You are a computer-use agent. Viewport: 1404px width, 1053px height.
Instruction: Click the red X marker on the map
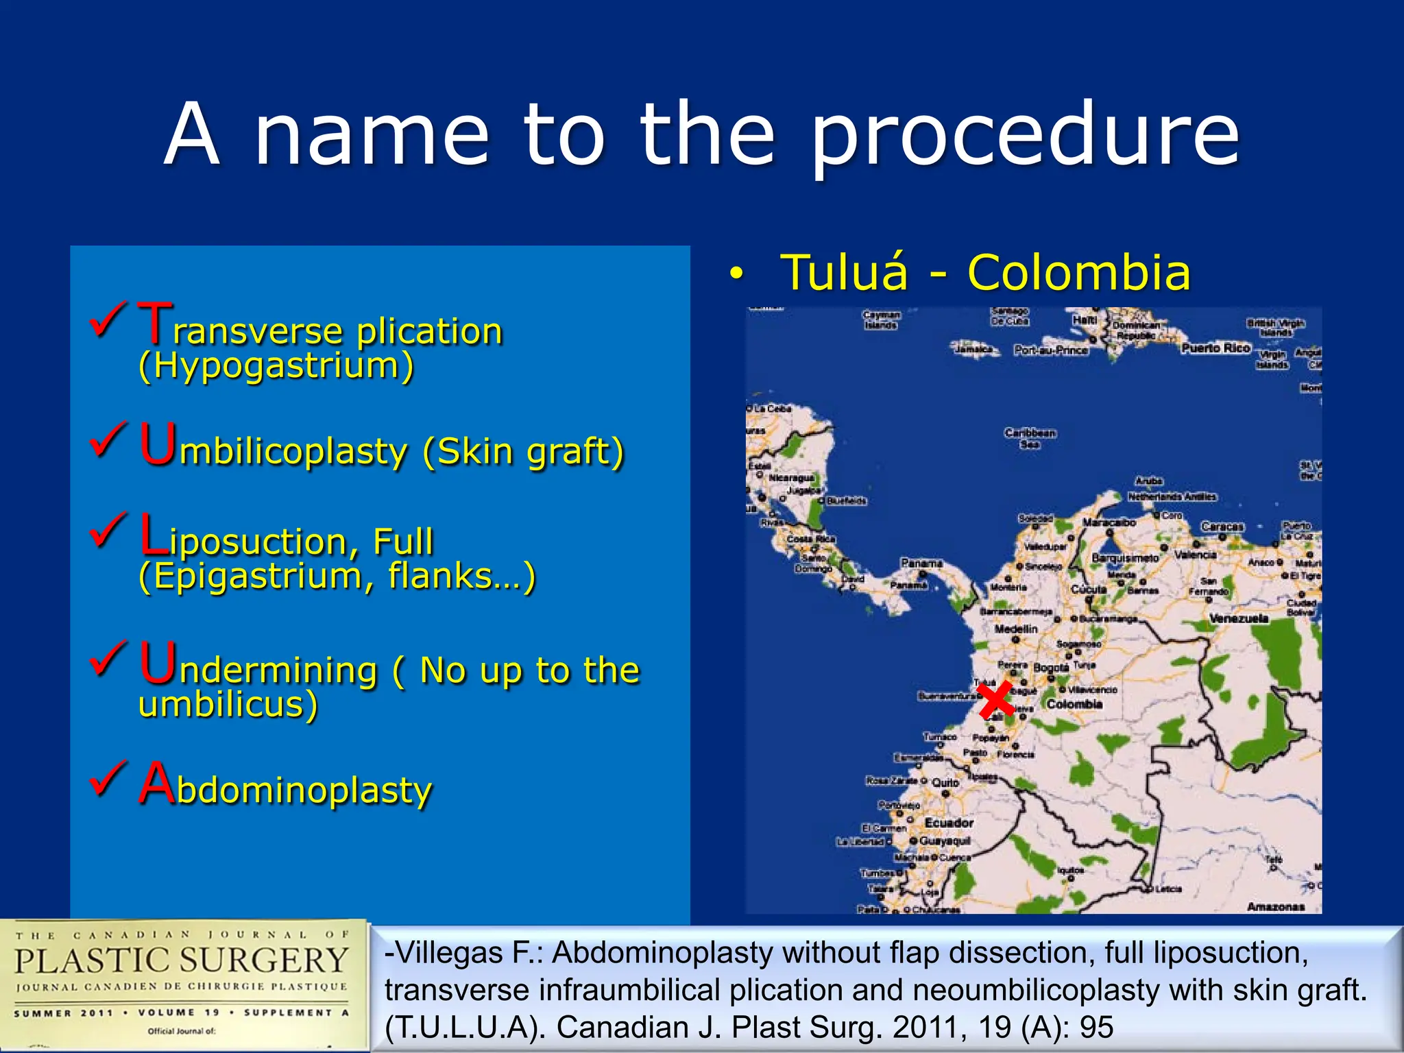995,700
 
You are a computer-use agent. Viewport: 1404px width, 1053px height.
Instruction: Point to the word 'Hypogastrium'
276,365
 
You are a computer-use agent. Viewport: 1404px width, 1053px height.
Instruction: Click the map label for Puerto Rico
1215,348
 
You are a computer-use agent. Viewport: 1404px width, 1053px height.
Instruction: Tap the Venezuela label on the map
1238,618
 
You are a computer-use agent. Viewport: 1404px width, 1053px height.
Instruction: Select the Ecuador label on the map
949,823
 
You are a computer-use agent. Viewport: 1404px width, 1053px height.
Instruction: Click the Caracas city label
1222,526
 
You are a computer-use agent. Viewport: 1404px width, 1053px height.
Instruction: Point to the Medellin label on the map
1015,629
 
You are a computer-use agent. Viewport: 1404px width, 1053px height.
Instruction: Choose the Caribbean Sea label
1030,438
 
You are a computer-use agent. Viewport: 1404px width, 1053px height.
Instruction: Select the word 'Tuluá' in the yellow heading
845,273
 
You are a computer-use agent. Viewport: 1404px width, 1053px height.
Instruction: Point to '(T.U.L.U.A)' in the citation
465,1027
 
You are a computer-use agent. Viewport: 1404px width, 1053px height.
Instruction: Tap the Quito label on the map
945,783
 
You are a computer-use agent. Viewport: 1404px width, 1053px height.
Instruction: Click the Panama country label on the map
921,563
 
